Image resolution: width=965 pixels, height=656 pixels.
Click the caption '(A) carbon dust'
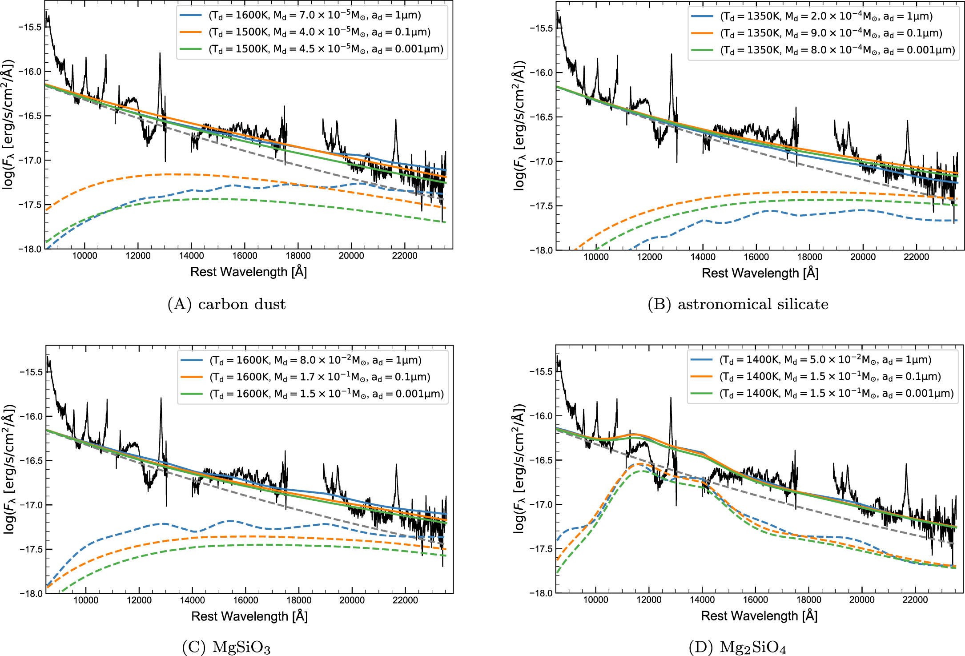[226, 304]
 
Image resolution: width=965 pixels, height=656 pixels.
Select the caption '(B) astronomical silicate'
[738, 304]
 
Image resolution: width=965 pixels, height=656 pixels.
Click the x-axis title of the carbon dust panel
[249, 272]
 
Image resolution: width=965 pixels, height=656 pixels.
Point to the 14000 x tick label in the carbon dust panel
[191, 256]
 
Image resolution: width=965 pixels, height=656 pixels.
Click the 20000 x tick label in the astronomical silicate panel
[863, 257]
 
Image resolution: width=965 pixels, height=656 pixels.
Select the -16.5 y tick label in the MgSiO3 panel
[30, 461]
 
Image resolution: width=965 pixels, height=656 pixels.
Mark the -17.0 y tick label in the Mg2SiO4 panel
[541, 505]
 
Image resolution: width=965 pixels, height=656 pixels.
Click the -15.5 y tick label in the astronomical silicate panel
[541, 28]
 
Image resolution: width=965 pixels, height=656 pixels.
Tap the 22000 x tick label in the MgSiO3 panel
[405, 600]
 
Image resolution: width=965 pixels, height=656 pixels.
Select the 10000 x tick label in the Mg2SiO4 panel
[595, 600]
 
